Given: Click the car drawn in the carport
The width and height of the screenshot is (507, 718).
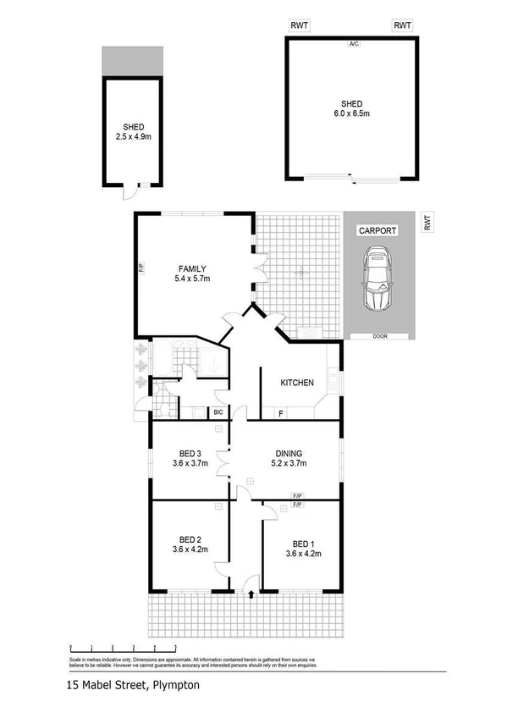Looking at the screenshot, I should tap(378, 280).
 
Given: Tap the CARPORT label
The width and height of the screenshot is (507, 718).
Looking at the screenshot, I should tap(378, 229).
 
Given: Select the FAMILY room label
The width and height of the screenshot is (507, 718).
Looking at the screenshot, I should tap(191, 269).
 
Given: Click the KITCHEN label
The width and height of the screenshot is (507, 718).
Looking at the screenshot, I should tap(297, 382).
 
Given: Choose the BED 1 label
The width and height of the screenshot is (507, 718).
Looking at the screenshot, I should tap(302, 543).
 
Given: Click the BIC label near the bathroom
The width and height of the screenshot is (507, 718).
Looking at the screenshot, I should tap(218, 412).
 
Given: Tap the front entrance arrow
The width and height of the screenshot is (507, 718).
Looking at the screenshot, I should tap(251, 594).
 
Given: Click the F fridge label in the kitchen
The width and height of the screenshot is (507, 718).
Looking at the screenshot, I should tap(280, 413).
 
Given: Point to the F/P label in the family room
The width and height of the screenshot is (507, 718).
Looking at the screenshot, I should tap(141, 270).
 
